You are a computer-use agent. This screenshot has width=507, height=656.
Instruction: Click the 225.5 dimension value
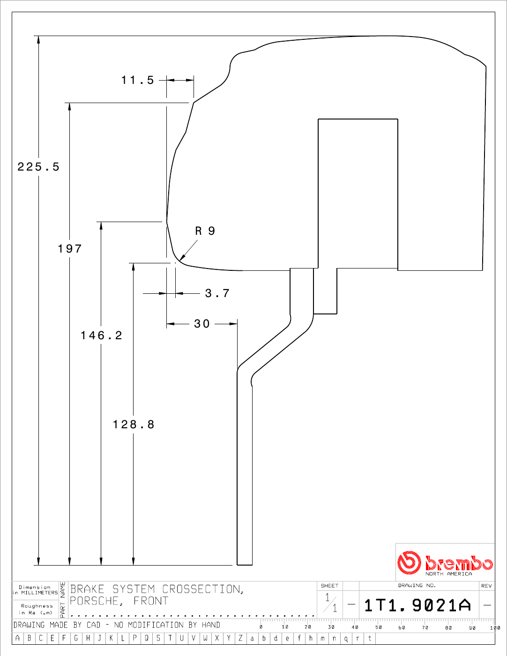coord(38,167)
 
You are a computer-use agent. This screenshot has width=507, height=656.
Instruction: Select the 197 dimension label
coord(70,249)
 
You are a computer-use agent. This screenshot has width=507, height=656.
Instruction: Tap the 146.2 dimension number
coord(101,335)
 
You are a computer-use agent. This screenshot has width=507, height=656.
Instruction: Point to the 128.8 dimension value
coord(134,425)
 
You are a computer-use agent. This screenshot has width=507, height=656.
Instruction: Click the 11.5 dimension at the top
coord(138,80)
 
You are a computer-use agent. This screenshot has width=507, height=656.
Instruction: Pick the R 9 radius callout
coord(205,231)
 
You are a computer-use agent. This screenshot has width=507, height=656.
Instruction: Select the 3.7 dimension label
coord(217,293)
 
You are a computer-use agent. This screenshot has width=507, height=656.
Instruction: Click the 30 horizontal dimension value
coord(201,324)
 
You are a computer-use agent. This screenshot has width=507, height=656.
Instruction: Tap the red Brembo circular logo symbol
coord(409,563)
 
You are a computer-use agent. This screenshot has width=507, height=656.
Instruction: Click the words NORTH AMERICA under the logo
coord(448,574)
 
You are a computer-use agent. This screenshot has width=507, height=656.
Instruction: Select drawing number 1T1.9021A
coord(418,605)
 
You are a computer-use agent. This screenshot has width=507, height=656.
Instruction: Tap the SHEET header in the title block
coord(329,586)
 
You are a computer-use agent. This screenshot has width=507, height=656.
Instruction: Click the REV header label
coord(486,586)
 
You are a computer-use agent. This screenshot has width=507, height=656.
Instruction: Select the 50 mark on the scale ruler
coord(379,627)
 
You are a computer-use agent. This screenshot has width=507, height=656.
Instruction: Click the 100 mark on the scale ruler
coord(495,628)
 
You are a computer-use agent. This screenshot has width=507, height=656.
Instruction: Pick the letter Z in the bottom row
coord(240,638)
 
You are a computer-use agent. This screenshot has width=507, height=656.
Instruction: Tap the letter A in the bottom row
coord(17,638)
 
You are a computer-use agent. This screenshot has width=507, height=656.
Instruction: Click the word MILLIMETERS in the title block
coord(39,593)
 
